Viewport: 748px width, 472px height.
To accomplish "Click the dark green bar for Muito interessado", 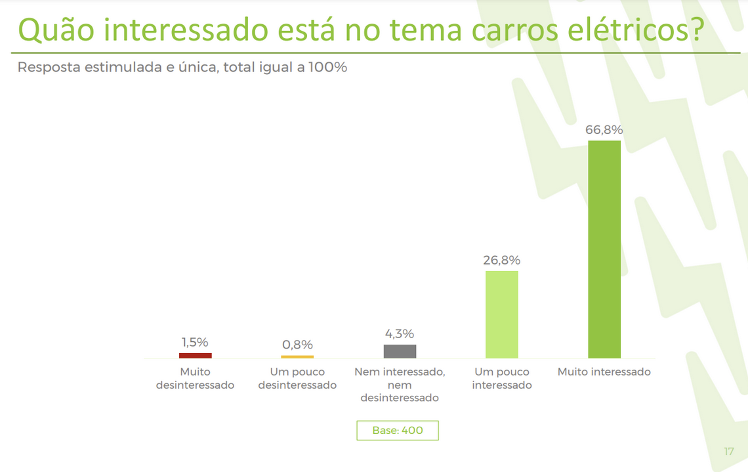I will click(604, 249).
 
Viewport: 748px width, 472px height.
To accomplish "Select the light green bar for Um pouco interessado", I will click(502, 314).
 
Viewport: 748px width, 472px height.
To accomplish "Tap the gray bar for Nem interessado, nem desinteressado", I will click(400, 351).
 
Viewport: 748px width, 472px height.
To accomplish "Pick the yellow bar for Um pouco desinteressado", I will click(297, 356).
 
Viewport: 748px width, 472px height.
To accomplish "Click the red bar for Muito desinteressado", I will click(196, 355).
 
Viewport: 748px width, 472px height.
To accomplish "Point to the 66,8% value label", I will click(604, 130).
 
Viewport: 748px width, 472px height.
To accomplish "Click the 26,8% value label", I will click(502, 260).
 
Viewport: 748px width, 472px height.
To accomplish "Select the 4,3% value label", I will click(400, 334).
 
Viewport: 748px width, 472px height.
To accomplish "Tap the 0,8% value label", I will click(297, 345).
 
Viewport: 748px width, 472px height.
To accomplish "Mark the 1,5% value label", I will click(195, 342).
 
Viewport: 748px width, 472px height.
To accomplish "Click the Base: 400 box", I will click(398, 431).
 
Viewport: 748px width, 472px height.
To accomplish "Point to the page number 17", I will click(729, 451).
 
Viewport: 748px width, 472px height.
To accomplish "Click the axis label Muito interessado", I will click(604, 372).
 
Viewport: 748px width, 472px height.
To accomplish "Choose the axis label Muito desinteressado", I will click(195, 378).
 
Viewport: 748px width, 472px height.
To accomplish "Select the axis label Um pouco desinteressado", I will click(297, 378).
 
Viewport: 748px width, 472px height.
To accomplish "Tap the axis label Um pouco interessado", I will click(502, 378).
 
